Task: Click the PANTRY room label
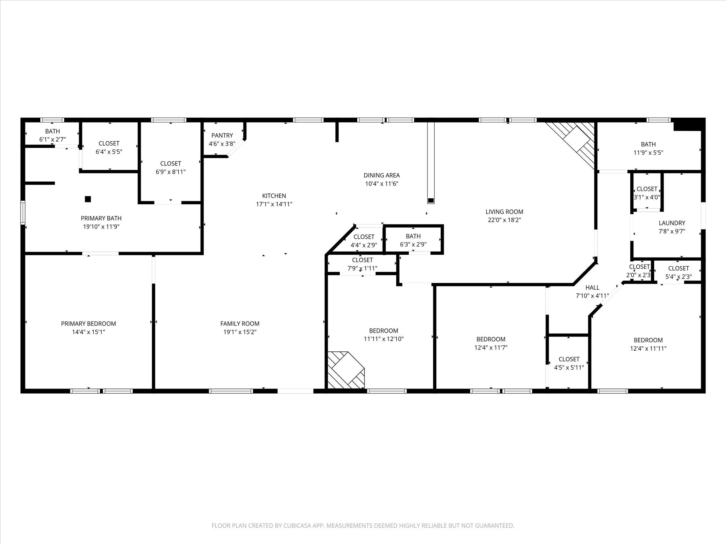tap(222, 135)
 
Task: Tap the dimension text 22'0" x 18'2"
tap(504, 220)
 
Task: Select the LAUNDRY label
tap(672, 223)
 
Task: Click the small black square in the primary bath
tap(88, 199)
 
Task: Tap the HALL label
tap(592, 288)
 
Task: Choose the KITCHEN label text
tap(274, 196)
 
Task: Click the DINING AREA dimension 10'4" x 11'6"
tap(382, 184)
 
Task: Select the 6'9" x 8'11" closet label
tap(171, 168)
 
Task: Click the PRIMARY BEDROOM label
tap(89, 324)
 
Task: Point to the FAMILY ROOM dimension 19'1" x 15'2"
tap(240, 332)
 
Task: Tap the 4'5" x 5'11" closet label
tap(569, 363)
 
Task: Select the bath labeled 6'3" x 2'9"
tap(413, 240)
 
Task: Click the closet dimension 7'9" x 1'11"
tap(362, 268)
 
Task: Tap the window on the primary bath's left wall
tap(23, 212)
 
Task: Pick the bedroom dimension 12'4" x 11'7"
tap(491, 348)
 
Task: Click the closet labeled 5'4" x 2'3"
tap(678, 273)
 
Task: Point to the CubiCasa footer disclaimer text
tap(363, 526)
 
